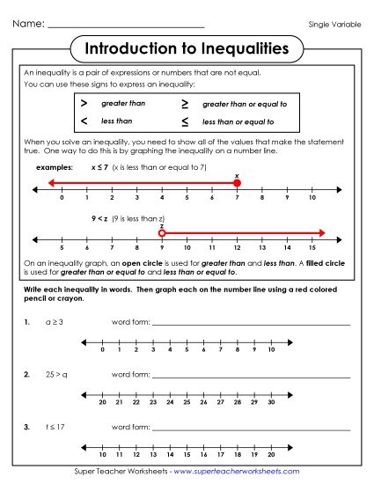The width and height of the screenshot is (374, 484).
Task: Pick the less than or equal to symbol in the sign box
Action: click(x=185, y=121)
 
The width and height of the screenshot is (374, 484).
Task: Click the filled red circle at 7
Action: click(x=237, y=183)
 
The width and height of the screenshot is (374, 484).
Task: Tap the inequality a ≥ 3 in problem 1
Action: click(x=54, y=323)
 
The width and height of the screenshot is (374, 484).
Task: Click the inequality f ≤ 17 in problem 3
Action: click(x=55, y=426)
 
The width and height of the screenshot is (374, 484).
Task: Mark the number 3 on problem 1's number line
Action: click(x=154, y=349)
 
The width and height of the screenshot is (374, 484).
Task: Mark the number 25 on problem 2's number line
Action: click(x=187, y=402)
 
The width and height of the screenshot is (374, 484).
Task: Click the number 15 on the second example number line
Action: click(x=312, y=248)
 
